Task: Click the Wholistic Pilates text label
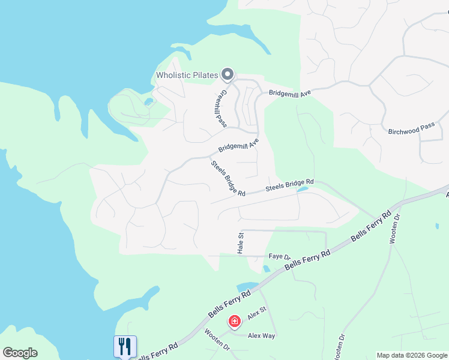[187, 75]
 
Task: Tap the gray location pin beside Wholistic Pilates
[227, 74]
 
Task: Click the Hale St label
[241, 242]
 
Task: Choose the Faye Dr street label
[279, 256]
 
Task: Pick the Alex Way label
[261, 336]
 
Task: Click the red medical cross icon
[234, 322]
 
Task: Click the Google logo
[20, 353]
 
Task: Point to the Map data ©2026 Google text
[412, 355]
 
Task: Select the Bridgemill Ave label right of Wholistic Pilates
[289, 94]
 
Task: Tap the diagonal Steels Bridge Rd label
[228, 178]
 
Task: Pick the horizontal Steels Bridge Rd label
[290, 186]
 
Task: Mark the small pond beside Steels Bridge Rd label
[303, 190]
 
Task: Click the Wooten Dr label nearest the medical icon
[217, 339]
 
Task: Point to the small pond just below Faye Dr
[266, 268]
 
